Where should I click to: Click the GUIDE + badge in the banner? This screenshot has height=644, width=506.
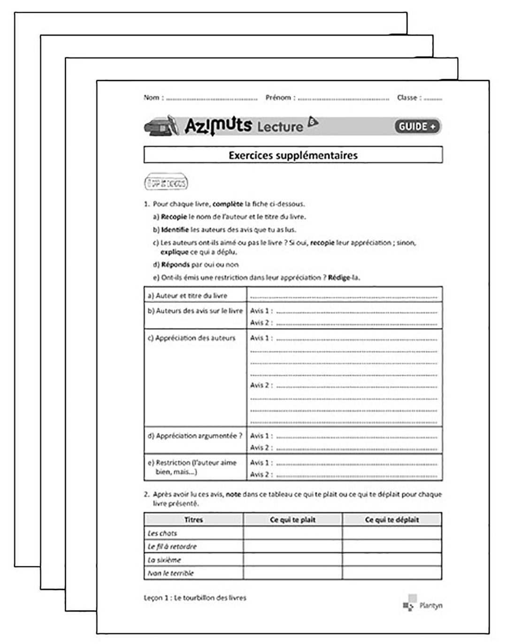click(x=417, y=126)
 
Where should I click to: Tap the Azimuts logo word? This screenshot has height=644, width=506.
click(x=218, y=126)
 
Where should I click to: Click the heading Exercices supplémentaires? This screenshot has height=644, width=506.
click(x=293, y=155)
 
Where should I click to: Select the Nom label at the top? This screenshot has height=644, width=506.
click(x=151, y=98)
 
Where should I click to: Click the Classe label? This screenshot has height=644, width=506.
click(x=406, y=98)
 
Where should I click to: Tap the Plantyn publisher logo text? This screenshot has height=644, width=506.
click(x=430, y=606)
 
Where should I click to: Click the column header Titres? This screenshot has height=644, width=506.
click(x=193, y=519)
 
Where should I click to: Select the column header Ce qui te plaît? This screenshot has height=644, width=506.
click(x=292, y=519)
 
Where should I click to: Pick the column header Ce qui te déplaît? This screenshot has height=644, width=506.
click(x=392, y=519)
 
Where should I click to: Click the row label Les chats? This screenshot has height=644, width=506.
click(x=162, y=533)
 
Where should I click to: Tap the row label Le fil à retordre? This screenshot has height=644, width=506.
click(x=172, y=546)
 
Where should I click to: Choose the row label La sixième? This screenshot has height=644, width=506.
click(x=164, y=560)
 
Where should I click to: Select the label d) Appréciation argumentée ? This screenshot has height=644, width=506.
click(x=195, y=436)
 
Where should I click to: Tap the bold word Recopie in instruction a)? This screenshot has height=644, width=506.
click(x=174, y=217)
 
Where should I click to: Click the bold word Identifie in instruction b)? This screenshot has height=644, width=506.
click(x=175, y=230)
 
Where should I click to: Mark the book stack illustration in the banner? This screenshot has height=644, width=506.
click(x=161, y=126)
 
